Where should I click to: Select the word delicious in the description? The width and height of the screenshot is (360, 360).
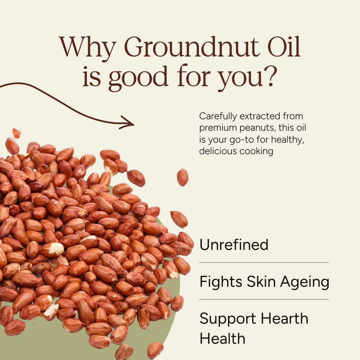(216, 151)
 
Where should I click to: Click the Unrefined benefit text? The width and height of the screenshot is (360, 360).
(234, 245)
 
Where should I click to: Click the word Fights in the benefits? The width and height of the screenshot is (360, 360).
(221, 282)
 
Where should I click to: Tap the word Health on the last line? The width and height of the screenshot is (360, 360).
(222, 339)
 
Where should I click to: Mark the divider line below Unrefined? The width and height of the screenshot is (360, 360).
(264, 263)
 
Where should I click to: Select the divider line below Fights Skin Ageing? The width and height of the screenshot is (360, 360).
(264, 300)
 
